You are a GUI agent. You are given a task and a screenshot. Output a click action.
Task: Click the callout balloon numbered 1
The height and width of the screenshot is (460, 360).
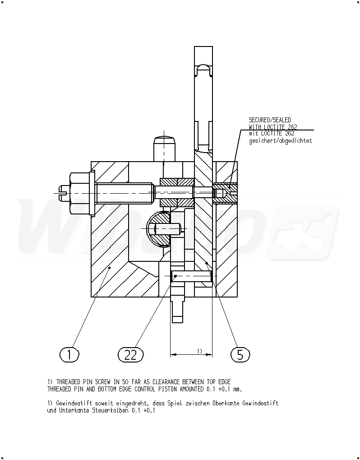click(69, 354)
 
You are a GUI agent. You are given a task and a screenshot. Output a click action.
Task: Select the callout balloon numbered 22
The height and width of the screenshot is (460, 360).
click(131, 354)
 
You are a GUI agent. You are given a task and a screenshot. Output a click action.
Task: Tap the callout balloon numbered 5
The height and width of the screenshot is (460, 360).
click(240, 354)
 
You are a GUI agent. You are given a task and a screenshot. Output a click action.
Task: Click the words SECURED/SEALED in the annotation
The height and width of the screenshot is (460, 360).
click(270, 120)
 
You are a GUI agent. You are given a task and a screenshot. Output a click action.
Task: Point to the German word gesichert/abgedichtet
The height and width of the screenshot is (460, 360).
click(281, 140)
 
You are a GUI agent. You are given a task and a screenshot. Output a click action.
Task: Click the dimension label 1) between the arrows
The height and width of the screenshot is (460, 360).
click(199, 351)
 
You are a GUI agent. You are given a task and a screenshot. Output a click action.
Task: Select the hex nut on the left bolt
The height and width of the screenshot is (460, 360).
click(80, 193)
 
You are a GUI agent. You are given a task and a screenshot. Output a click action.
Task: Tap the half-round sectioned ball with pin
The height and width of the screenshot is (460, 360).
click(160, 228)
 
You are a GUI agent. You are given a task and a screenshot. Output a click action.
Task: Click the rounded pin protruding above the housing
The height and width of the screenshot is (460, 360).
click(164, 149)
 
